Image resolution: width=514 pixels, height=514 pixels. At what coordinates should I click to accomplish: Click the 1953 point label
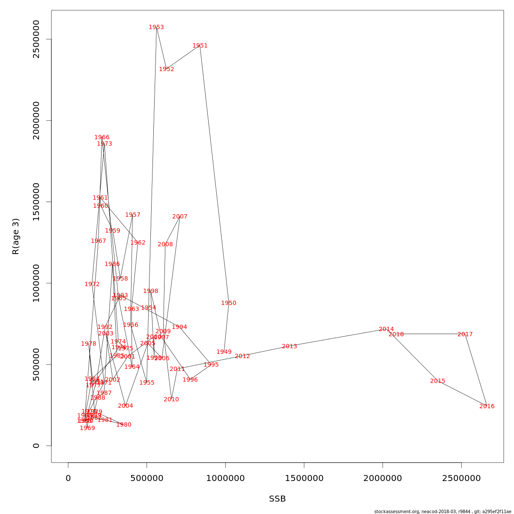[x=156, y=27]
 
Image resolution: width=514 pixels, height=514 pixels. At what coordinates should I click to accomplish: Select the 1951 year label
[x=200, y=46]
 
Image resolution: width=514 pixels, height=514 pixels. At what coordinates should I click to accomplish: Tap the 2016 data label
[x=487, y=406]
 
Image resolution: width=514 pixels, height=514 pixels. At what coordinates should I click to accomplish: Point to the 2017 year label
[x=465, y=335]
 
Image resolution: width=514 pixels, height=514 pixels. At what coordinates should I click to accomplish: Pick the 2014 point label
[x=386, y=329]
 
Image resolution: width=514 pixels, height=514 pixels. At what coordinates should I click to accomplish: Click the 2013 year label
[x=290, y=347]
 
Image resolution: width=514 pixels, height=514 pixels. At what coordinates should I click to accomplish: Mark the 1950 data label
[x=229, y=303]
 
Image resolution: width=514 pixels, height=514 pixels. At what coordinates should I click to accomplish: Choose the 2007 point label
[x=180, y=217]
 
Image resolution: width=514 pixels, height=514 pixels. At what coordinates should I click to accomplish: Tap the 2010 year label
[x=171, y=400]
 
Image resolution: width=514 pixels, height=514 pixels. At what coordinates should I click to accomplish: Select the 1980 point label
[x=124, y=425]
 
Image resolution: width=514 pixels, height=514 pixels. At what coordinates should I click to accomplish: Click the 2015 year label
[x=438, y=381]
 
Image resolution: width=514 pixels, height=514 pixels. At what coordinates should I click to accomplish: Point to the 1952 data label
[x=167, y=69]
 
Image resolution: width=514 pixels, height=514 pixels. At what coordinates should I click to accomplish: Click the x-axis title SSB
[x=278, y=499]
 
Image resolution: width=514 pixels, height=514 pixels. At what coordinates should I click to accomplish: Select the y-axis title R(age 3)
[x=16, y=236]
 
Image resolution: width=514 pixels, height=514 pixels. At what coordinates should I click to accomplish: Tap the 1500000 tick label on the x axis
[x=304, y=478]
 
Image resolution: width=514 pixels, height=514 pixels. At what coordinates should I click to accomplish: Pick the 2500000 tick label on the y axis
[x=36, y=39]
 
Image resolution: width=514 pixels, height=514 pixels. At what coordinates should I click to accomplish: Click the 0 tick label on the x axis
[x=68, y=478]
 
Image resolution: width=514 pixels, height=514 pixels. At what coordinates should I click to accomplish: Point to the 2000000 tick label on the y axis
[x=36, y=120]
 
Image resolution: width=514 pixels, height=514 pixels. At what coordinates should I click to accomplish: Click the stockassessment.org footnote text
[x=443, y=511]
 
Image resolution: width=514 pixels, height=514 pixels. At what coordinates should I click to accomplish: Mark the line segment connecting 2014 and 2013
[x=338, y=338]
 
